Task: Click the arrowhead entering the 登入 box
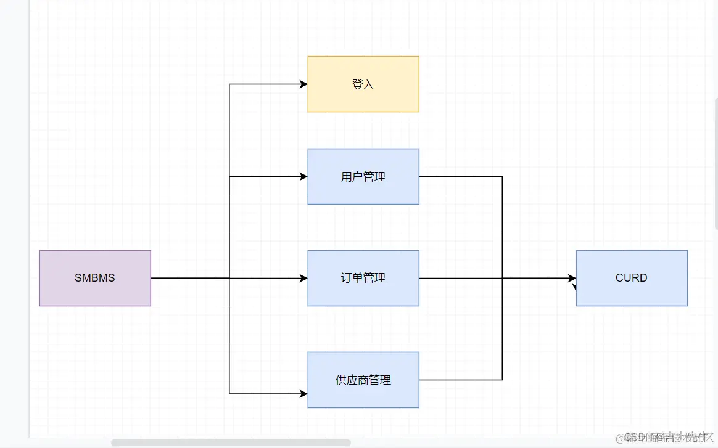pos(303,84)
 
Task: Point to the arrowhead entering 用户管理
pos(303,176)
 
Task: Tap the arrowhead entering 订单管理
pos(303,278)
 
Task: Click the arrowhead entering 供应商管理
pos(303,393)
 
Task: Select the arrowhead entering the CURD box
pos(572,279)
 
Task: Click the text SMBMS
pos(95,278)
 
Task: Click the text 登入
pos(363,84)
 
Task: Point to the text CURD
pos(632,278)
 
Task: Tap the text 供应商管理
pos(363,380)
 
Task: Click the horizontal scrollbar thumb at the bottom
pos(231,442)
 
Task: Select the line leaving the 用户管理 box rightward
pos(460,176)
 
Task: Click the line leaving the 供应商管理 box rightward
pos(460,380)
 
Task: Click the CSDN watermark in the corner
pos(666,437)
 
